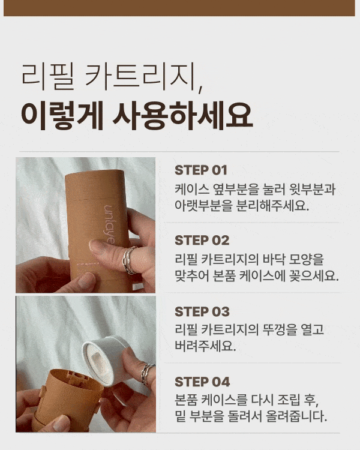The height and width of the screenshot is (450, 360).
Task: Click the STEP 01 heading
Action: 200,170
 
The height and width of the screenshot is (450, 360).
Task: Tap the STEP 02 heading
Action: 202,240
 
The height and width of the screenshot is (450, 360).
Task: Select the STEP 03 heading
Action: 202,311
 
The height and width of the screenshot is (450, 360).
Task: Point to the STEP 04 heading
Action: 202,382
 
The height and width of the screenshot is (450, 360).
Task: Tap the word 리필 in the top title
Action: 48,75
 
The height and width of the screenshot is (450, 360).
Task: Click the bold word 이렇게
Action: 62,115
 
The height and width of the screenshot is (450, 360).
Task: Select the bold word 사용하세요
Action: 183,115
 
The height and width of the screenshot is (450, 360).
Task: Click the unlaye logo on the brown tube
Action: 109,224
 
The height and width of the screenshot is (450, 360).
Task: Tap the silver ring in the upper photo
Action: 128,260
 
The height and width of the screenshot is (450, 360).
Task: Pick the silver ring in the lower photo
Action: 147,374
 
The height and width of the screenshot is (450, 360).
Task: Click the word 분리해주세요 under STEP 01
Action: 272,205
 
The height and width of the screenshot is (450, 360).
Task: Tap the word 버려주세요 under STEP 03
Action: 205,346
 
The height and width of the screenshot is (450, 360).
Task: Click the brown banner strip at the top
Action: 179,8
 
